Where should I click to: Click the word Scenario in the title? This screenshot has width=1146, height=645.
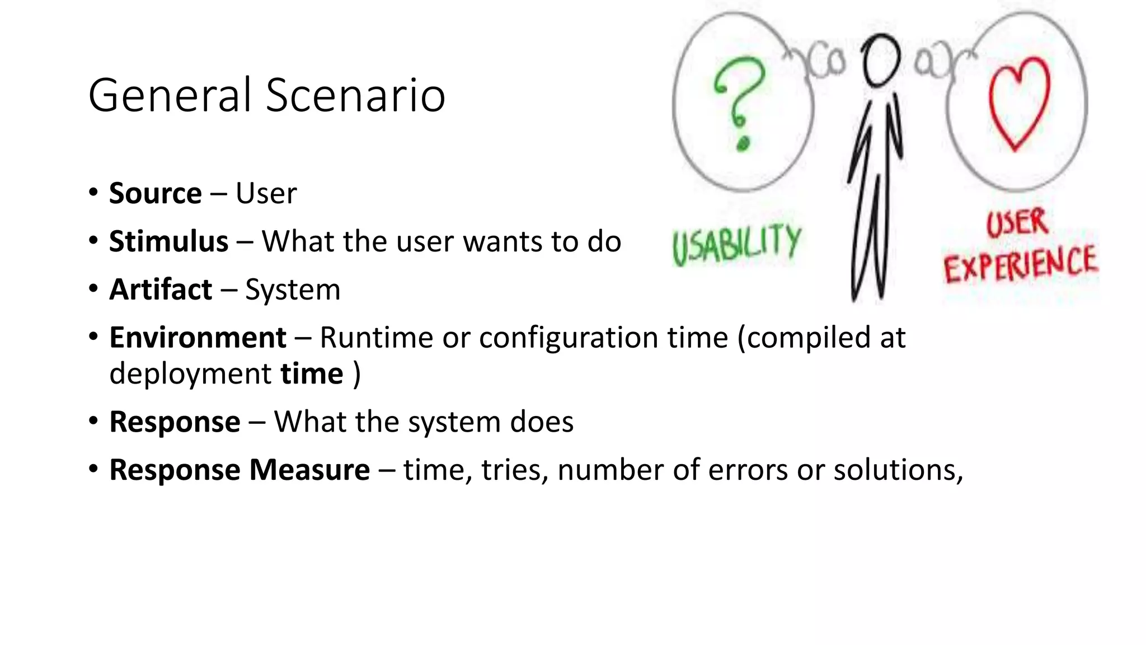pyautogui.click(x=355, y=95)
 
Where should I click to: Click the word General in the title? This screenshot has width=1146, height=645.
pyautogui.click(x=170, y=95)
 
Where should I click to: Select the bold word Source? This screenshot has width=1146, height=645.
pyautogui.click(x=155, y=194)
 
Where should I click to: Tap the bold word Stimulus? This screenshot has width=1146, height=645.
pyautogui.click(x=168, y=242)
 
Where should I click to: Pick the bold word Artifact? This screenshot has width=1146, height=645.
pyautogui.click(x=161, y=290)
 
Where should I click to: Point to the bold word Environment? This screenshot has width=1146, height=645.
pyautogui.click(x=198, y=338)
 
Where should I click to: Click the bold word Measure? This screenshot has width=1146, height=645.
pyautogui.click(x=309, y=470)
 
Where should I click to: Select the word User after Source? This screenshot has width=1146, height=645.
pyautogui.click(x=266, y=194)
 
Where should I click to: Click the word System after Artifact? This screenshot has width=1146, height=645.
pyautogui.click(x=293, y=290)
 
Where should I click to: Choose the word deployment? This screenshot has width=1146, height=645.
pyautogui.click(x=190, y=374)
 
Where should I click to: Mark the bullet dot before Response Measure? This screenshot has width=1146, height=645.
pyautogui.click(x=93, y=468)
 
